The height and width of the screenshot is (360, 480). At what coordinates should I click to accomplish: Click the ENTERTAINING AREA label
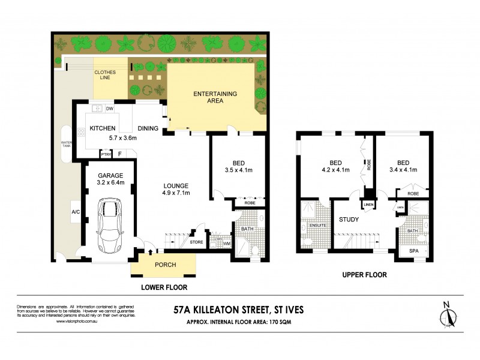[215, 97]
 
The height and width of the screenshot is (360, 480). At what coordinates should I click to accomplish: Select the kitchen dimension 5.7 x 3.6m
[122, 138]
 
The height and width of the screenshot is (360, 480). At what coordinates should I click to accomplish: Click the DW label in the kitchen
[110, 109]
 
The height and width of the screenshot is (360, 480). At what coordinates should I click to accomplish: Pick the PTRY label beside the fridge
[106, 154]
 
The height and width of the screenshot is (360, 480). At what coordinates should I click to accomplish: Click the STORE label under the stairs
[196, 243]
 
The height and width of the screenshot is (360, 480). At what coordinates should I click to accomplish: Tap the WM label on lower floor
[226, 243]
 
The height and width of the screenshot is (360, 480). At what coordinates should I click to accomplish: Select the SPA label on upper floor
[414, 251]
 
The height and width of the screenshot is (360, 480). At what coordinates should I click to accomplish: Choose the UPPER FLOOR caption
[364, 275]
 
